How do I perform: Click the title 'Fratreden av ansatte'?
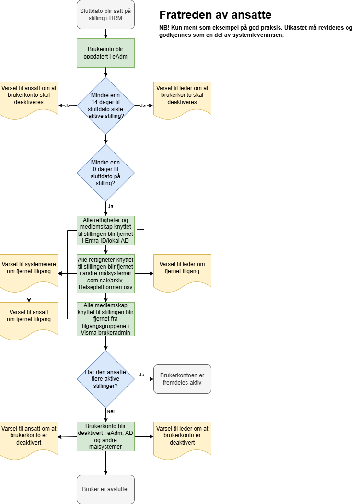tap(215, 15)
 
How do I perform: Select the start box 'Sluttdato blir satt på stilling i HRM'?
tap(105, 14)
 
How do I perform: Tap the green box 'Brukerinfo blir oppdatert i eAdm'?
tap(105, 53)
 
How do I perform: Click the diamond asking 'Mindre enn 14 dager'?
tap(105, 105)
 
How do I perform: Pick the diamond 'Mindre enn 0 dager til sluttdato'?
tap(105, 173)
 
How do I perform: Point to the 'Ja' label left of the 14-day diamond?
tap(68, 105)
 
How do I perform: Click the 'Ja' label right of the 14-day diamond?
tap(143, 105)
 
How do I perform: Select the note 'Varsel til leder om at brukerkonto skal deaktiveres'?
tap(182, 99)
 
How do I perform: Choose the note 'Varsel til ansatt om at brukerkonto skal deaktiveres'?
tap(29, 99)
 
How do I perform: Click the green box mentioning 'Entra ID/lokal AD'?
tap(105, 230)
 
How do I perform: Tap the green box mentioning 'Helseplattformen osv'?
tap(105, 273)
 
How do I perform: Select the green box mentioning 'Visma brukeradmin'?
tap(105, 319)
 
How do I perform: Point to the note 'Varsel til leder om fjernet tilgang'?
tap(182, 270)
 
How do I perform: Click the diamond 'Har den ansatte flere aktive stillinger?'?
tap(105, 379)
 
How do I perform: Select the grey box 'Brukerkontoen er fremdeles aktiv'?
tap(182, 379)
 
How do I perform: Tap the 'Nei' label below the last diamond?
tap(111, 411)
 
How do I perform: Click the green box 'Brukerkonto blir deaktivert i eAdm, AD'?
tap(105, 436)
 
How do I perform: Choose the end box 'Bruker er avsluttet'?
tap(105, 489)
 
